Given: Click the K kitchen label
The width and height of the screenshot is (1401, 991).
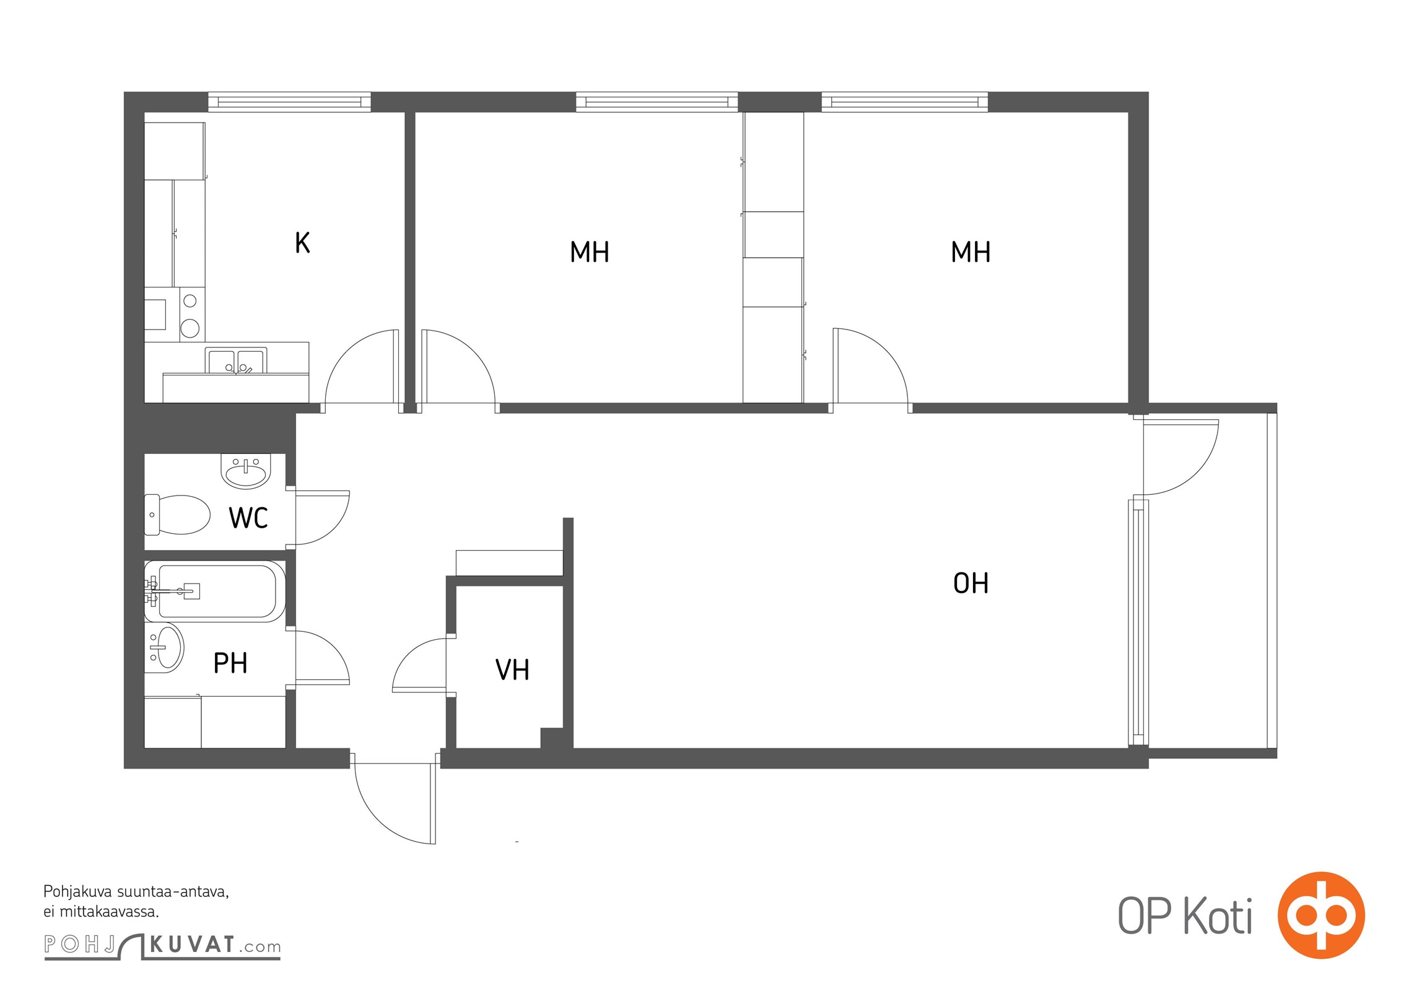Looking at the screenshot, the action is (302, 243).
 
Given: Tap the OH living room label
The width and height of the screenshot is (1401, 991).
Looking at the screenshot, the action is (971, 583).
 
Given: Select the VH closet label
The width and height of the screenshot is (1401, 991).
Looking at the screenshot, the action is (512, 670).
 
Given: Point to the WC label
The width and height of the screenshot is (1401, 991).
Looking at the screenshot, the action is (248, 518).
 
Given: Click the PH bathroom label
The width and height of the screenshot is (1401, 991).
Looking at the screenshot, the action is (230, 663).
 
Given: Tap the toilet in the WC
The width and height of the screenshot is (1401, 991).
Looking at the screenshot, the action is (177, 515).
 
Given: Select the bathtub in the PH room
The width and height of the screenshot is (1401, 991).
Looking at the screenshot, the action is (215, 591).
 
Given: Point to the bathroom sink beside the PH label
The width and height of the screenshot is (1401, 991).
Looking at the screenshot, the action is (165, 648).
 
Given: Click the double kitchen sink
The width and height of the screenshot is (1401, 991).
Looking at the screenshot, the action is (236, 360).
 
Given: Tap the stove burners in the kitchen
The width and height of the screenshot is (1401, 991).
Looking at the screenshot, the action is (191, 315).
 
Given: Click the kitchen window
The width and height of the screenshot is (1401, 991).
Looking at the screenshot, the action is (289, 102).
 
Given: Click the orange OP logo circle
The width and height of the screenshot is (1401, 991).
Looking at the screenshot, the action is (1321, 915).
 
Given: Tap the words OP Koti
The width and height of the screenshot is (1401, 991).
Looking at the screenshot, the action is (1185, 916).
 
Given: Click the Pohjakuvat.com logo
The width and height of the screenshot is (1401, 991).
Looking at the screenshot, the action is (162, 946).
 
